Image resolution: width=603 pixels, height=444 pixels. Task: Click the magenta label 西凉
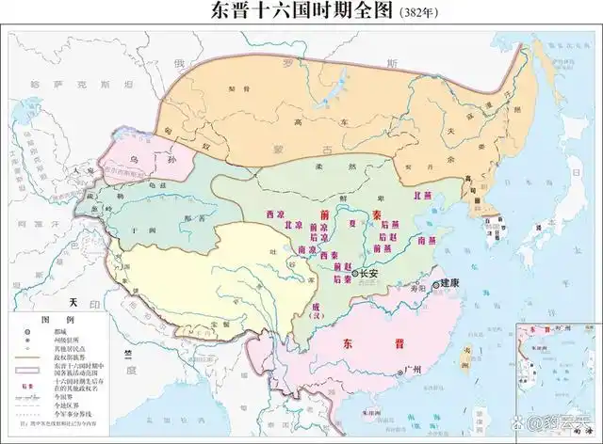click(x=274, y=214)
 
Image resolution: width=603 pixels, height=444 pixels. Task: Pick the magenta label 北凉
click(x=281, y=227)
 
